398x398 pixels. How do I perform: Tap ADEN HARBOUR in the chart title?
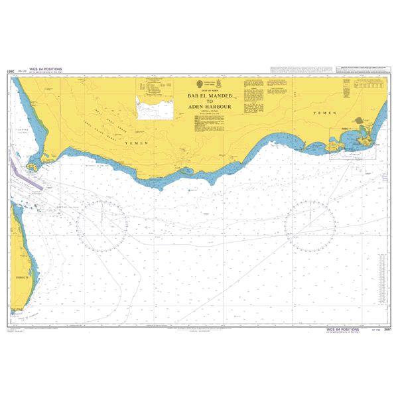pos(208,106)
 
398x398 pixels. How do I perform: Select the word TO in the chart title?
pos(208,101)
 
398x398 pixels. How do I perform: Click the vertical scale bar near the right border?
pos(382,279)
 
